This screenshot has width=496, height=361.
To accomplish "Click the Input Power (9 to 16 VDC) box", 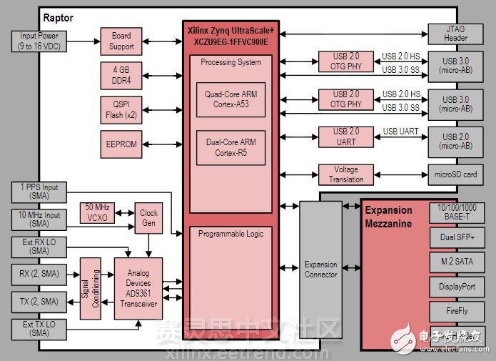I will pyautogui.click(x=40, y=41).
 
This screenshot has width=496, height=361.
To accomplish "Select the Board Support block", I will pyautogui.click(x=121, y=41).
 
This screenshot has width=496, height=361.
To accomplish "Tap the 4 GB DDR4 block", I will pyautogui.click(x=121, y=75).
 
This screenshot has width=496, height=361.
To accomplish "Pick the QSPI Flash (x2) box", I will pyautogui.click(x=121, y=109).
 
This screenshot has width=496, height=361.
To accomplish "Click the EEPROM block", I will pyautogui.click(x=121, y=144).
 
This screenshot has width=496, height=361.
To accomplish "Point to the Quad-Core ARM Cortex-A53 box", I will pyautogui.click(x=231, y=99).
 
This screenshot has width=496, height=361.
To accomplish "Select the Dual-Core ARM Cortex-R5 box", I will pyautogui.click(x=231, y=147).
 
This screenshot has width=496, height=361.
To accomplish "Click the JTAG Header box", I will pyautogui.click(x=457, y=34).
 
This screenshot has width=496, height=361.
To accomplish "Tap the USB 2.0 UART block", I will pyautogui.click(x=347, y=136).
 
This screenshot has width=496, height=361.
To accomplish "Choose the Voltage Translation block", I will pyautogui.click(x=347, y=174).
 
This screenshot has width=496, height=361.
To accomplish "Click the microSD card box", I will pyautogui.click(x=457, y=174).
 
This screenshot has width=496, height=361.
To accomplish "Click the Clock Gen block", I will pyautogui.click(x=149, y=217).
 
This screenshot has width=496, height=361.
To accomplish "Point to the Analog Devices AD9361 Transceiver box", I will pyautogui.click(x=138, y=288).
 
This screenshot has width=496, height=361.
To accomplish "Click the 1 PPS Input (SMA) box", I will pyautogui.click(x=40, y=192).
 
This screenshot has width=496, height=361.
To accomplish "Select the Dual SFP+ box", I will pyautogui.click(x=457, y=235).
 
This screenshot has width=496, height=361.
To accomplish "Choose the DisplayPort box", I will pyautogui.click(x=457, y=286).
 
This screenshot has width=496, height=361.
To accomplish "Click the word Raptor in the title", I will pyautogui.click(x=59, y=17).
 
